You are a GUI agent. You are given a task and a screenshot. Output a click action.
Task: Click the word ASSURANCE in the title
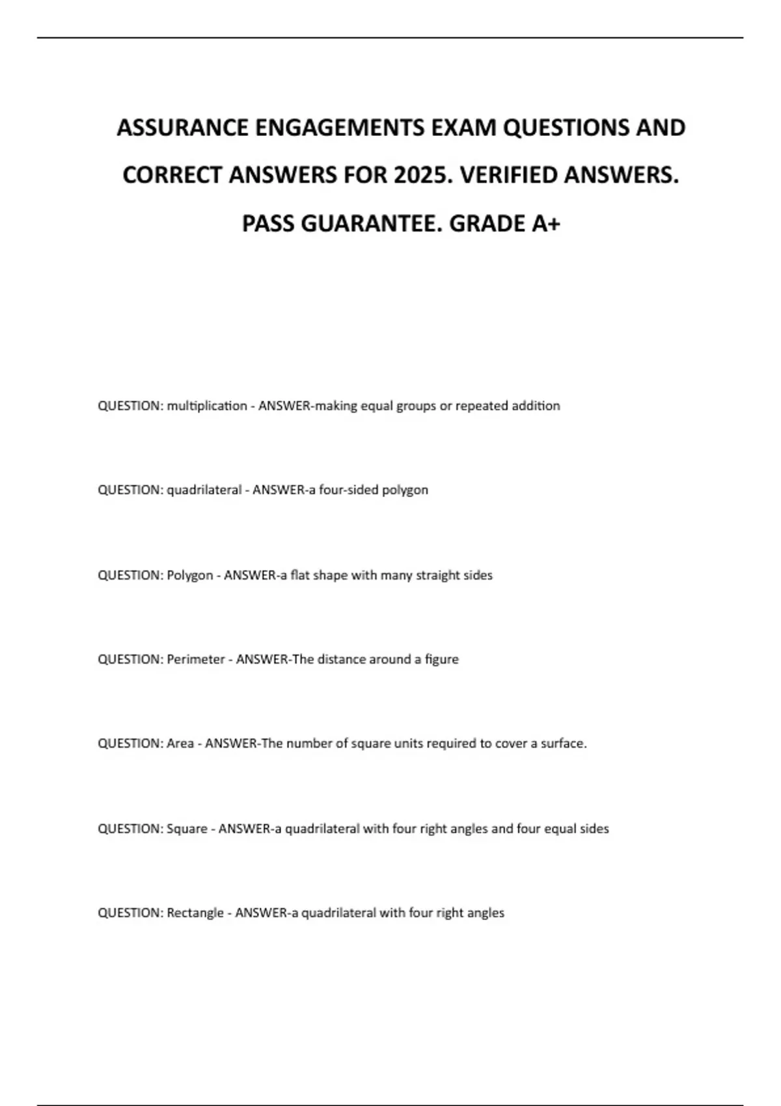pyautogui.click(x=182, y=128)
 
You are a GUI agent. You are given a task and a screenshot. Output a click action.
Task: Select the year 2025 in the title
pyautogui.click(x=420, y=175)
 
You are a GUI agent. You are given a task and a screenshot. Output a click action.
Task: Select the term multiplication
pyautogui.click(x=206, y=406)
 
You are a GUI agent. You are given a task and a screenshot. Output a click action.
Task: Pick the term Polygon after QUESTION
pyautogui.click(x=189, y=575)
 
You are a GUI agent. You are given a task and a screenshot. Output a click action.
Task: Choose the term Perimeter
pyautogui.click(x=195, y=659)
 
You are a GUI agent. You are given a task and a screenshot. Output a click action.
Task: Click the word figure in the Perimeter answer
pyautogui.click(x=441, y=659)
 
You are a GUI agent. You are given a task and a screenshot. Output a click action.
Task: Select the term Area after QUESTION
pyautogui.click(x=180, y=743)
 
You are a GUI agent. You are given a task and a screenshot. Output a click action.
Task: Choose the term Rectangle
pyautogui.click(x=195, y=913)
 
